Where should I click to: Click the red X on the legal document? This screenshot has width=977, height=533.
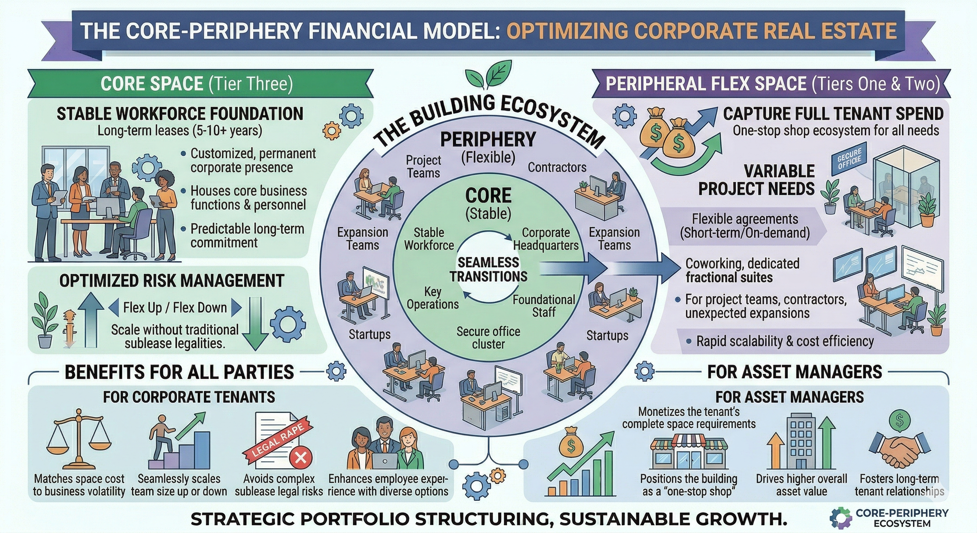coord(301,457)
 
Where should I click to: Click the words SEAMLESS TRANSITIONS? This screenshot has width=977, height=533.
coord(488,269)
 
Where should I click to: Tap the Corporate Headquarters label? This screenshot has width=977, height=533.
coord(546,239)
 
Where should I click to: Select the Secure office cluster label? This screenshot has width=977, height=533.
coord(488,338)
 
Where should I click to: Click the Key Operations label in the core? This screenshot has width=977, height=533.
coord(433,298)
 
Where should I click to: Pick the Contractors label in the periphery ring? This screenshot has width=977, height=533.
coord(557,167)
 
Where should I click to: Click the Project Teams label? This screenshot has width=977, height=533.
coord(423,166)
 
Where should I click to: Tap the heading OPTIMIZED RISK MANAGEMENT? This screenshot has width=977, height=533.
coord(172,281)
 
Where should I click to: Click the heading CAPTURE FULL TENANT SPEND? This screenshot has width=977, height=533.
coord(833,114)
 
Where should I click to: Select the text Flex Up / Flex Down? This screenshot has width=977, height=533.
coord(175,308)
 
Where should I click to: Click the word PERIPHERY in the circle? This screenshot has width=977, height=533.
coord(488,140)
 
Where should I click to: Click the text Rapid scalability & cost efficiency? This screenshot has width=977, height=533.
coord(785,341)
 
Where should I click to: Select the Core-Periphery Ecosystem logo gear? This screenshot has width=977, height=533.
coord(840,518)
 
